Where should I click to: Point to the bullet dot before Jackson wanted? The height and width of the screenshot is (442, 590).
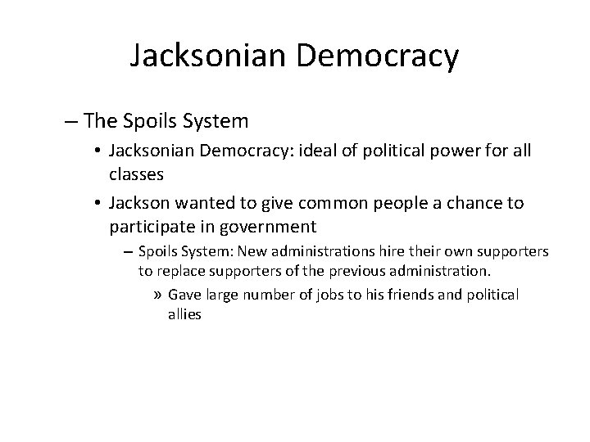coord(98,202)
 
